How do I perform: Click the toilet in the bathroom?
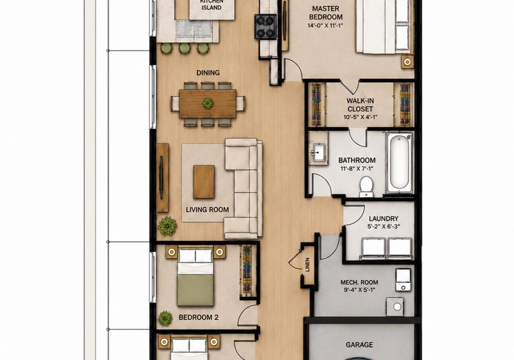[x=366, y=187]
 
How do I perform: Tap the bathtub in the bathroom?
[x=399, y=163]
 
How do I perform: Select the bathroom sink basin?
[x=318, y=152]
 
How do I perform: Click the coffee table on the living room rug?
[x=203, y=182]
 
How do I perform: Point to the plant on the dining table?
[x=208, y=103]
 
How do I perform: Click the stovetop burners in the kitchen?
[x=265, y=27]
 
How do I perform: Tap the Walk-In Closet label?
[x=360, y=105]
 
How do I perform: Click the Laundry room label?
[x=383, y=219]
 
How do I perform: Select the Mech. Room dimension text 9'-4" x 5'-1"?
[x=359, y=290]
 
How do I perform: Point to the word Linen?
[x=307, y=265]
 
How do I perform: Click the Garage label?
[x=359, y=344]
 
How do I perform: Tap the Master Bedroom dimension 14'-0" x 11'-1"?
[x=325, y=25]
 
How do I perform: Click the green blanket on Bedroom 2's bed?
[x=195, y=290]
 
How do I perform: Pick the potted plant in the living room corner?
[x=168, y=226]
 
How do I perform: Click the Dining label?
[x=208, y=73]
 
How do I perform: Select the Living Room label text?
[x=207, y=209]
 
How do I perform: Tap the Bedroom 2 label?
[x=198, y=317]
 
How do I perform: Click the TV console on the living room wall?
[x=163, y=177]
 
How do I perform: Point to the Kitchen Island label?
[x=211, y=5]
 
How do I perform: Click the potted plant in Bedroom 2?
[x=164, y=318]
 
